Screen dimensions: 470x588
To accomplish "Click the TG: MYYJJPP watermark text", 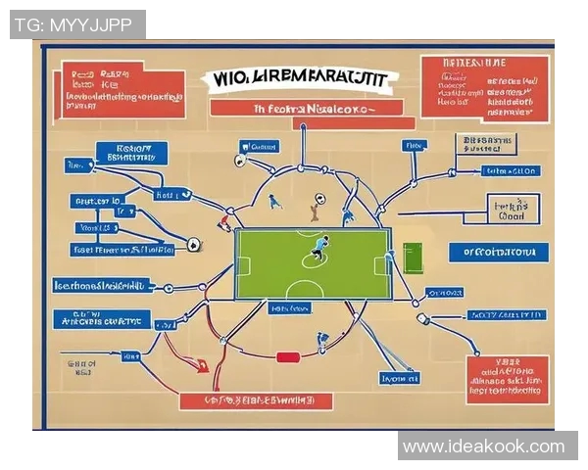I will point(77,24).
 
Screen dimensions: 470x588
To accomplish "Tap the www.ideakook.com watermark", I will point(484,446).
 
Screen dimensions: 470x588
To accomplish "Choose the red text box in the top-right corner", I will point(484,89).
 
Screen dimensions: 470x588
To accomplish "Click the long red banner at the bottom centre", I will point(256,400).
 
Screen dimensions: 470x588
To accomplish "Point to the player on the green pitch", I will point(319,249).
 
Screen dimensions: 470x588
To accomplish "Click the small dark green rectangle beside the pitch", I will point(412,258).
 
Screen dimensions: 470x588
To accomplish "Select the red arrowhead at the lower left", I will point(202,367).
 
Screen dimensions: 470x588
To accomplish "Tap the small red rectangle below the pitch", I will point(287,357).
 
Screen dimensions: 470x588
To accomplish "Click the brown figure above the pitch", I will point(315,207).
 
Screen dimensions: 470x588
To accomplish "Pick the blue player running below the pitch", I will point(321,342).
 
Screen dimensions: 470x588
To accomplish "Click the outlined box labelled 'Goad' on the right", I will point(514,210).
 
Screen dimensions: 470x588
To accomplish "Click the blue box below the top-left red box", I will point(131,152).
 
